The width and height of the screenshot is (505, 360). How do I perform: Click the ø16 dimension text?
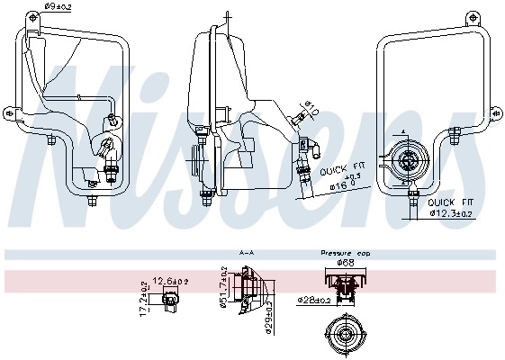pos(338,185)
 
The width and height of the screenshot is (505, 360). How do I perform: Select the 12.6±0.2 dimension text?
pos(169,282)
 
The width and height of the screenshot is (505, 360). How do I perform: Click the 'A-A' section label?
pos(246,254)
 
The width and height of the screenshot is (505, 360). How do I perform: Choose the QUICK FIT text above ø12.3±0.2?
pos(455,203)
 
